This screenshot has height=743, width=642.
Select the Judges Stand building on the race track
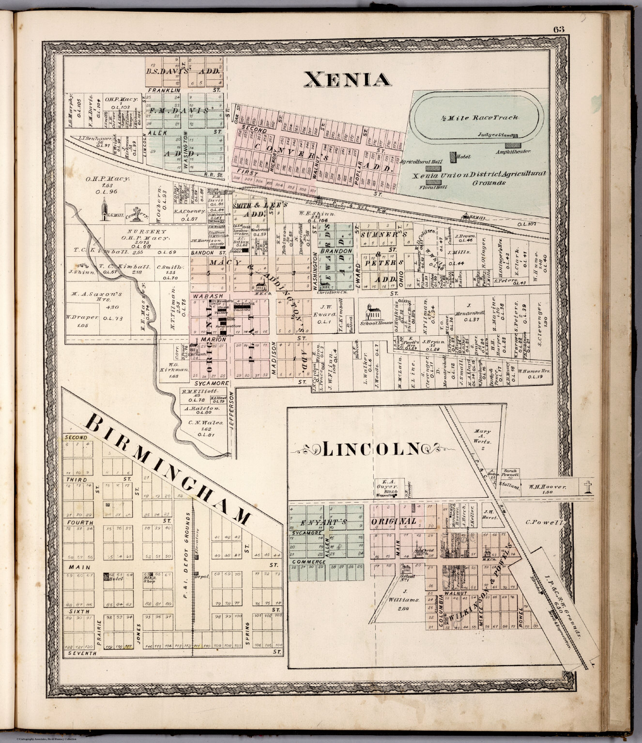pyautogui.click(x=515, y=135)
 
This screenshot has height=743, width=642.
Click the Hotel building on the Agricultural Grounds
pyautogui.click(x=453, y=157)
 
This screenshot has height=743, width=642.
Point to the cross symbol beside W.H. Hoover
pyautogui.click(x=588, y=487)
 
